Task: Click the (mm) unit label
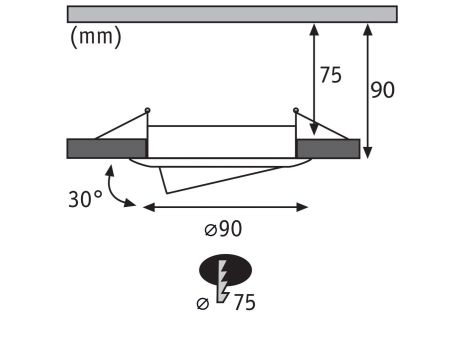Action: [95, 39]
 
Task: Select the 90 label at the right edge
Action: [383, 90]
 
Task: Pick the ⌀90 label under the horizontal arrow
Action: [223, 229]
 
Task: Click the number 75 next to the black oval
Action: [243, 303]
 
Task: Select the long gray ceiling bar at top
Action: [231, 14]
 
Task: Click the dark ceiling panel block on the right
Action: [328, 148]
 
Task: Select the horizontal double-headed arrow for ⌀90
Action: [225, 207]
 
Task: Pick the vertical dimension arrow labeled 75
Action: [315, 80]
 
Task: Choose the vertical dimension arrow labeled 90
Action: [368, 90]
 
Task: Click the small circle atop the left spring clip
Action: [148, 109]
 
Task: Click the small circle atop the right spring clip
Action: [296, 110]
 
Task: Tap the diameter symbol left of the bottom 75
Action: [203, 303]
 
